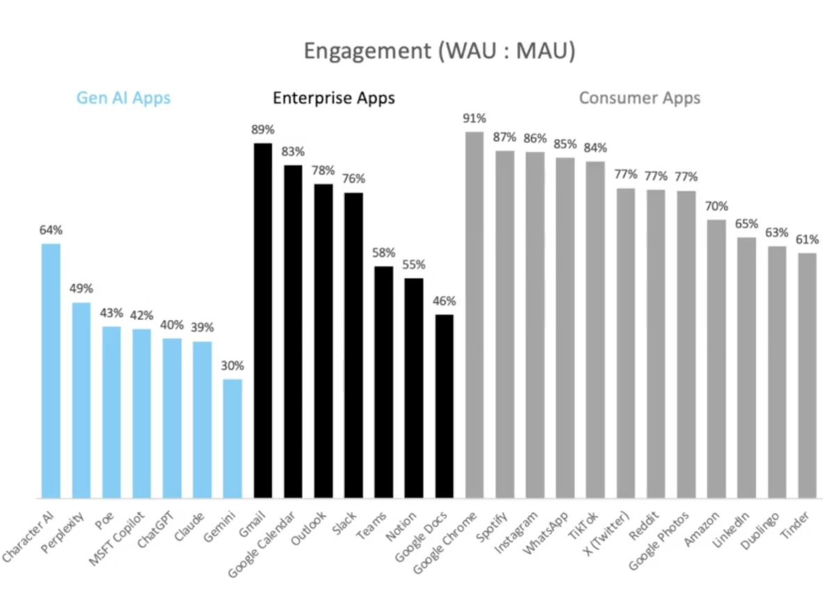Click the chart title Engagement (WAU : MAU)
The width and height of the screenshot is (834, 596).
tap(439, 52)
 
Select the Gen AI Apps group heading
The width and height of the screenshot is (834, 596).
tap(123, 98)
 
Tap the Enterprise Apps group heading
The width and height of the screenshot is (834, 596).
tap(334, 98)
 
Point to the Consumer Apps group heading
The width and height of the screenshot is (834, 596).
tap(639, 98)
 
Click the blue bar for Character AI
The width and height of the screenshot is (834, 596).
tap(51, 371)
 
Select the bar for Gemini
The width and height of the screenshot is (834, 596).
tap(233, 438)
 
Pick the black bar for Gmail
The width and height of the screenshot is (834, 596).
tap(263, 320)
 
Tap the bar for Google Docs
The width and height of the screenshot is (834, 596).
tap(444, 406)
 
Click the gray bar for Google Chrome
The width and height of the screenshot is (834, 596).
tap(474, 315)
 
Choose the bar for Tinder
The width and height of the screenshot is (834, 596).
tap(807, 375)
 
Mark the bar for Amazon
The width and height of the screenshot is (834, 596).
tap(717, 358)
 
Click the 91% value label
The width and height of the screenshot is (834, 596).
tap(474, 118)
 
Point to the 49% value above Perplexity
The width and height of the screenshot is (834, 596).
tap(81, 288)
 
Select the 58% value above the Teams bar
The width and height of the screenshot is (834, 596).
tap(384, 252)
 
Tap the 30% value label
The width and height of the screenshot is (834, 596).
tap(233, 365)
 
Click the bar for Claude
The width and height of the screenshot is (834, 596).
tap(202, 420)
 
